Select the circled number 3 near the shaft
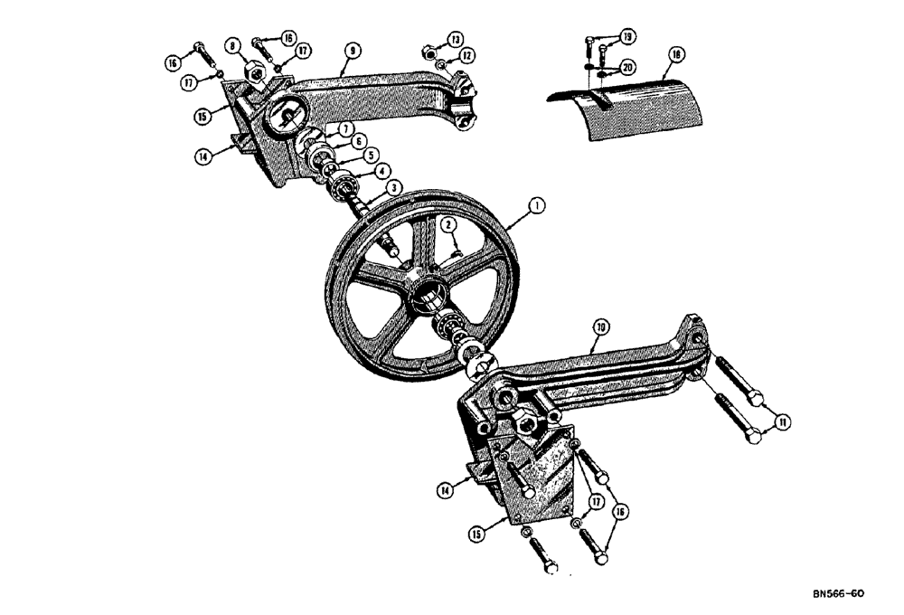(x=394, y=186)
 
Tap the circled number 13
(x=455, y=38)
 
